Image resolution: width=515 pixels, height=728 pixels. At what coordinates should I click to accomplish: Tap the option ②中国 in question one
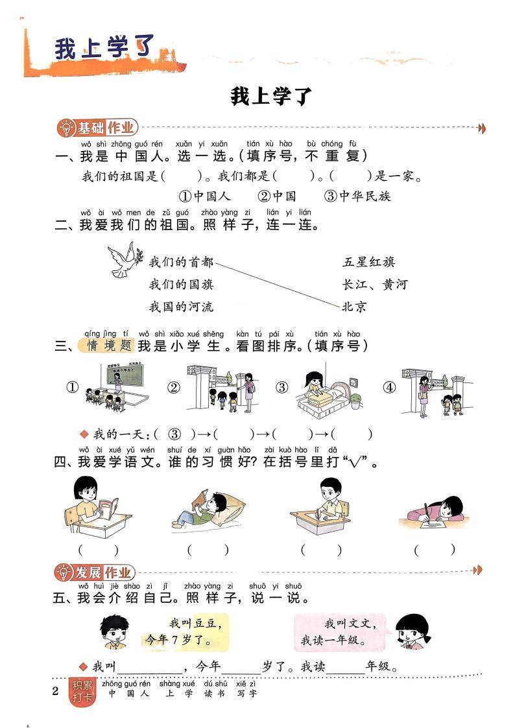(277, 196)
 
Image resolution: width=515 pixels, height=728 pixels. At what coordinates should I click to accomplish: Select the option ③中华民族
(358, 196)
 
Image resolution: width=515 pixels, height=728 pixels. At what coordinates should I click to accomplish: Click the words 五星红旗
(368, 262)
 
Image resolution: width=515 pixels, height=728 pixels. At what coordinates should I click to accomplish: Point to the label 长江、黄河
(374, 284)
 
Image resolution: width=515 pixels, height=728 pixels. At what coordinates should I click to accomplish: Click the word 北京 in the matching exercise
(354, 306)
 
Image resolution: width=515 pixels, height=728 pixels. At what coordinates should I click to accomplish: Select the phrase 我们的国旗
(181, 284)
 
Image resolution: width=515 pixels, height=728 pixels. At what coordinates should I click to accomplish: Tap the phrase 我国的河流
(181, 306)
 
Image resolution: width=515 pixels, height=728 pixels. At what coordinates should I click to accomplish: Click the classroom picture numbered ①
(117, 388)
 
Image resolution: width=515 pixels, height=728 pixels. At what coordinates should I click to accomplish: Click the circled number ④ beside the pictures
(389, 388)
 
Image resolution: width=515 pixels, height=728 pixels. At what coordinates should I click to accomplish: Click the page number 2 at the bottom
(55, 690)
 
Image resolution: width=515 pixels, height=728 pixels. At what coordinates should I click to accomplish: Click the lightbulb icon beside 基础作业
(66, 128)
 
